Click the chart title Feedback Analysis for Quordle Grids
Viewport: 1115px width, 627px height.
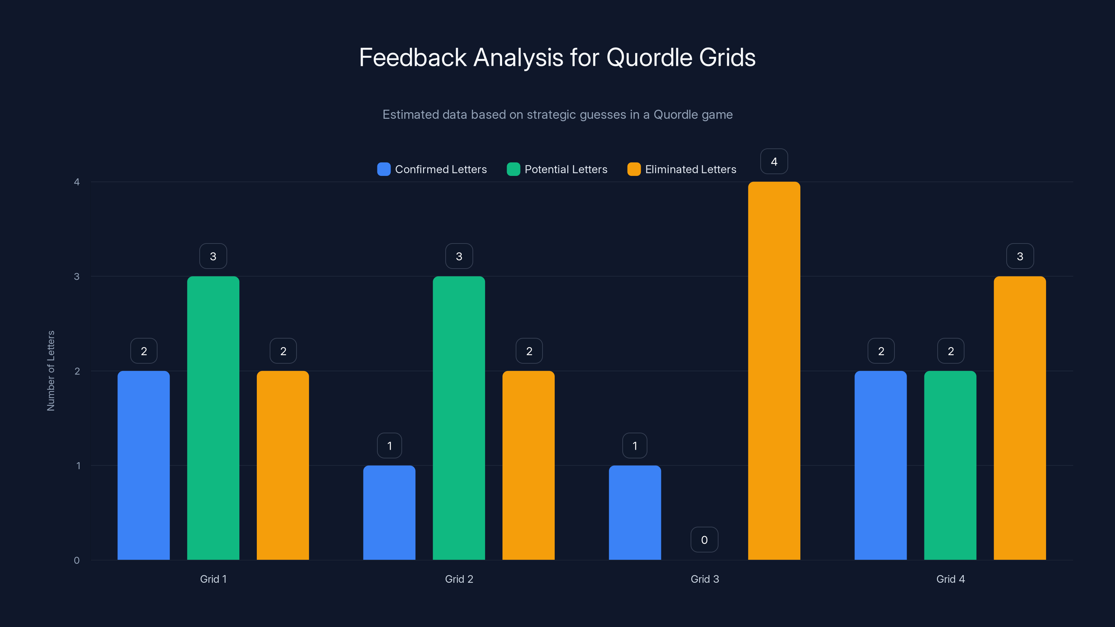click(557, 57)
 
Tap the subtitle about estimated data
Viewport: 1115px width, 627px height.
click(557, 115)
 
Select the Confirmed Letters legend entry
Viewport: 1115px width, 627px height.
click(432, 169)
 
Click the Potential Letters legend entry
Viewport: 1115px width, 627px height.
click(557, 169)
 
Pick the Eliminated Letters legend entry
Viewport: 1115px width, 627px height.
click(682, 169)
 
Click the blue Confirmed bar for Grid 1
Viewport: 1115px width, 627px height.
click(144, 465)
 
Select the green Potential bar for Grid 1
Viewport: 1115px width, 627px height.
click(213, 418)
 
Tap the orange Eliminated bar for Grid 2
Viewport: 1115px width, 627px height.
click(529, 465)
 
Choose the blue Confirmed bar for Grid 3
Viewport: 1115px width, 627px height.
click(635, 513)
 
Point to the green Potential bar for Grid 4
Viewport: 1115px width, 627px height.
click(950, 465)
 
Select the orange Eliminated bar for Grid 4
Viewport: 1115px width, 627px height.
click(1020, 418)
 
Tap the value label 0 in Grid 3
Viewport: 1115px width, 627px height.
click(704, 540)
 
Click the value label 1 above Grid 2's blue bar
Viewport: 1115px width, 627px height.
click(390, 446)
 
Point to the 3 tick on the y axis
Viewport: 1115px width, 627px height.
click(77, 277)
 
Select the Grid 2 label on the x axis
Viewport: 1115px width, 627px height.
click(459, 579)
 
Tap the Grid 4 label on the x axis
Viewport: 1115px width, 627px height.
click(951, 579)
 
